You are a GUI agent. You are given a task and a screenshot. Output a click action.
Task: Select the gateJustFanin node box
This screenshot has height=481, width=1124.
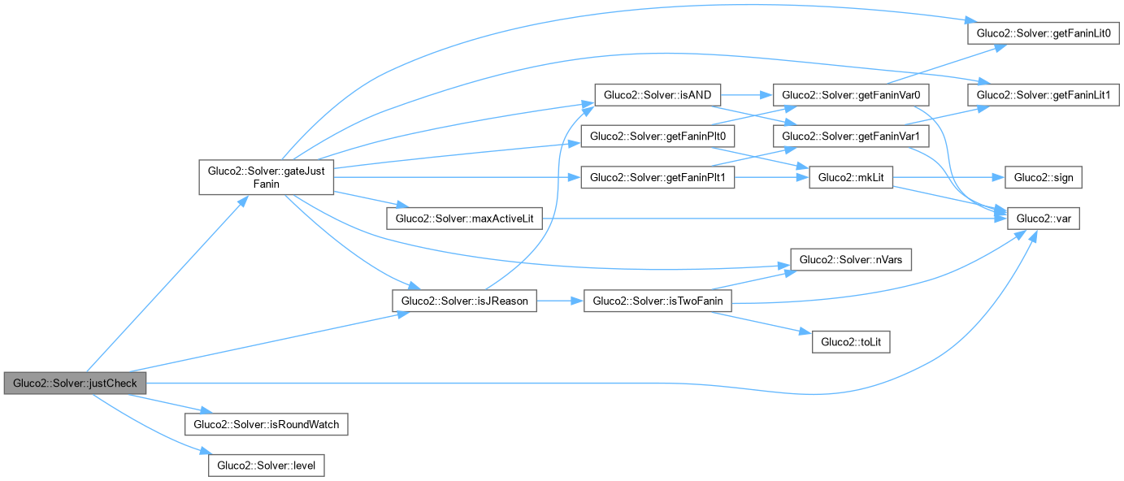[267, 177]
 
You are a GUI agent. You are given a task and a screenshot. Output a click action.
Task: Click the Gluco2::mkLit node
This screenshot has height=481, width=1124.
[851, 177]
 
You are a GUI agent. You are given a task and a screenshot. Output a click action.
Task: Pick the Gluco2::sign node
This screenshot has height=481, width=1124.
[1044, 177]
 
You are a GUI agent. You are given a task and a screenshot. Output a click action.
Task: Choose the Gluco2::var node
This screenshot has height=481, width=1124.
[1044, 219]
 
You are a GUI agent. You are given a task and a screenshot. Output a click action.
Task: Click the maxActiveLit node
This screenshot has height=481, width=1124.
[463, 219]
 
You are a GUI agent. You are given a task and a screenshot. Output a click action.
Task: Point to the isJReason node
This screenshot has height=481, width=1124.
[463, 301]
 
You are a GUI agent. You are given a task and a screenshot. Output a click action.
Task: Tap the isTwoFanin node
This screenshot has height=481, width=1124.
[658, 301]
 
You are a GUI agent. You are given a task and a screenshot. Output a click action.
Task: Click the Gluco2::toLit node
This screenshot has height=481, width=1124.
[851, 342]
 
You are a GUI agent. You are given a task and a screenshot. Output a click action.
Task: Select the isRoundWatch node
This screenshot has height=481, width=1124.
[267, 424]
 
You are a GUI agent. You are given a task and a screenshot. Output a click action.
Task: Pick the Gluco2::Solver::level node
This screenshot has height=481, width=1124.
[267, 466]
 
